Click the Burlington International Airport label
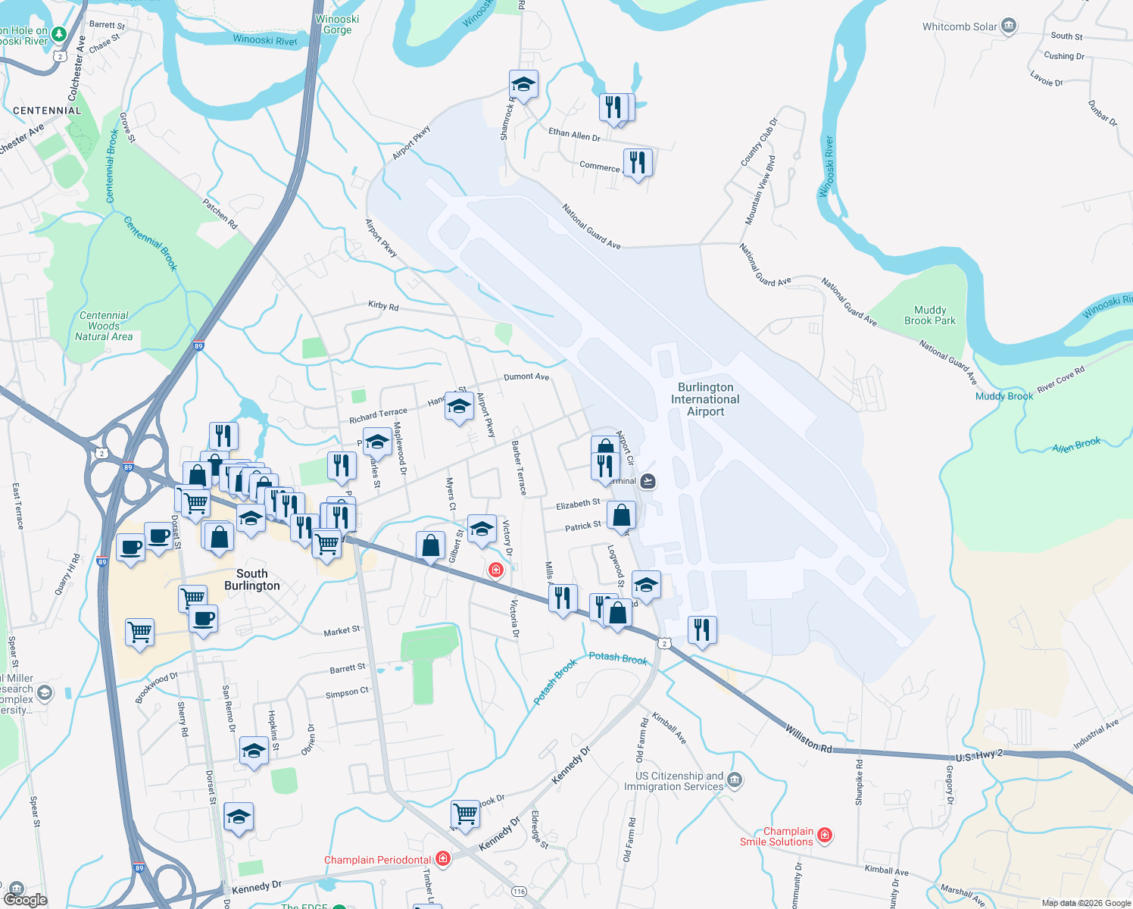705,399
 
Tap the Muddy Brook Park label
930,315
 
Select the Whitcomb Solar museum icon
1008,27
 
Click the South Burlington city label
252,579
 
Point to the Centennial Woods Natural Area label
104,326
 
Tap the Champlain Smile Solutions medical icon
825,836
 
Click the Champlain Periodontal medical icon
443,859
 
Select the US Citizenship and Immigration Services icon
735,779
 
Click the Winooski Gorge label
337,24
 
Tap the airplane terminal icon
648,481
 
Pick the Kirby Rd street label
383,306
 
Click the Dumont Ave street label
526,376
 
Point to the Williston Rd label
808,739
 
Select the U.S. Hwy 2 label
978,756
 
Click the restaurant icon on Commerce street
638,162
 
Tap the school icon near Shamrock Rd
523,83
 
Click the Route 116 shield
519,891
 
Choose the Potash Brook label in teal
618,658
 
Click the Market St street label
342,631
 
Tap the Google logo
25,899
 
